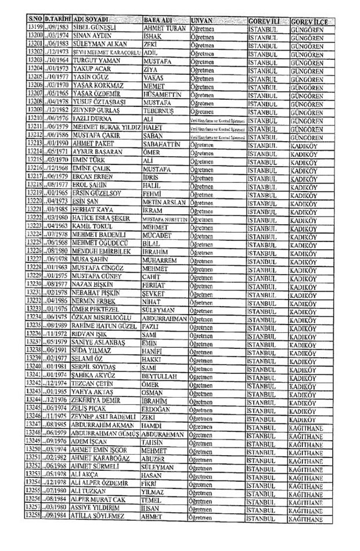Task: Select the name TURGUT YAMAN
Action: pos(93,60)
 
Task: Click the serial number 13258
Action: pos(35,514)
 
